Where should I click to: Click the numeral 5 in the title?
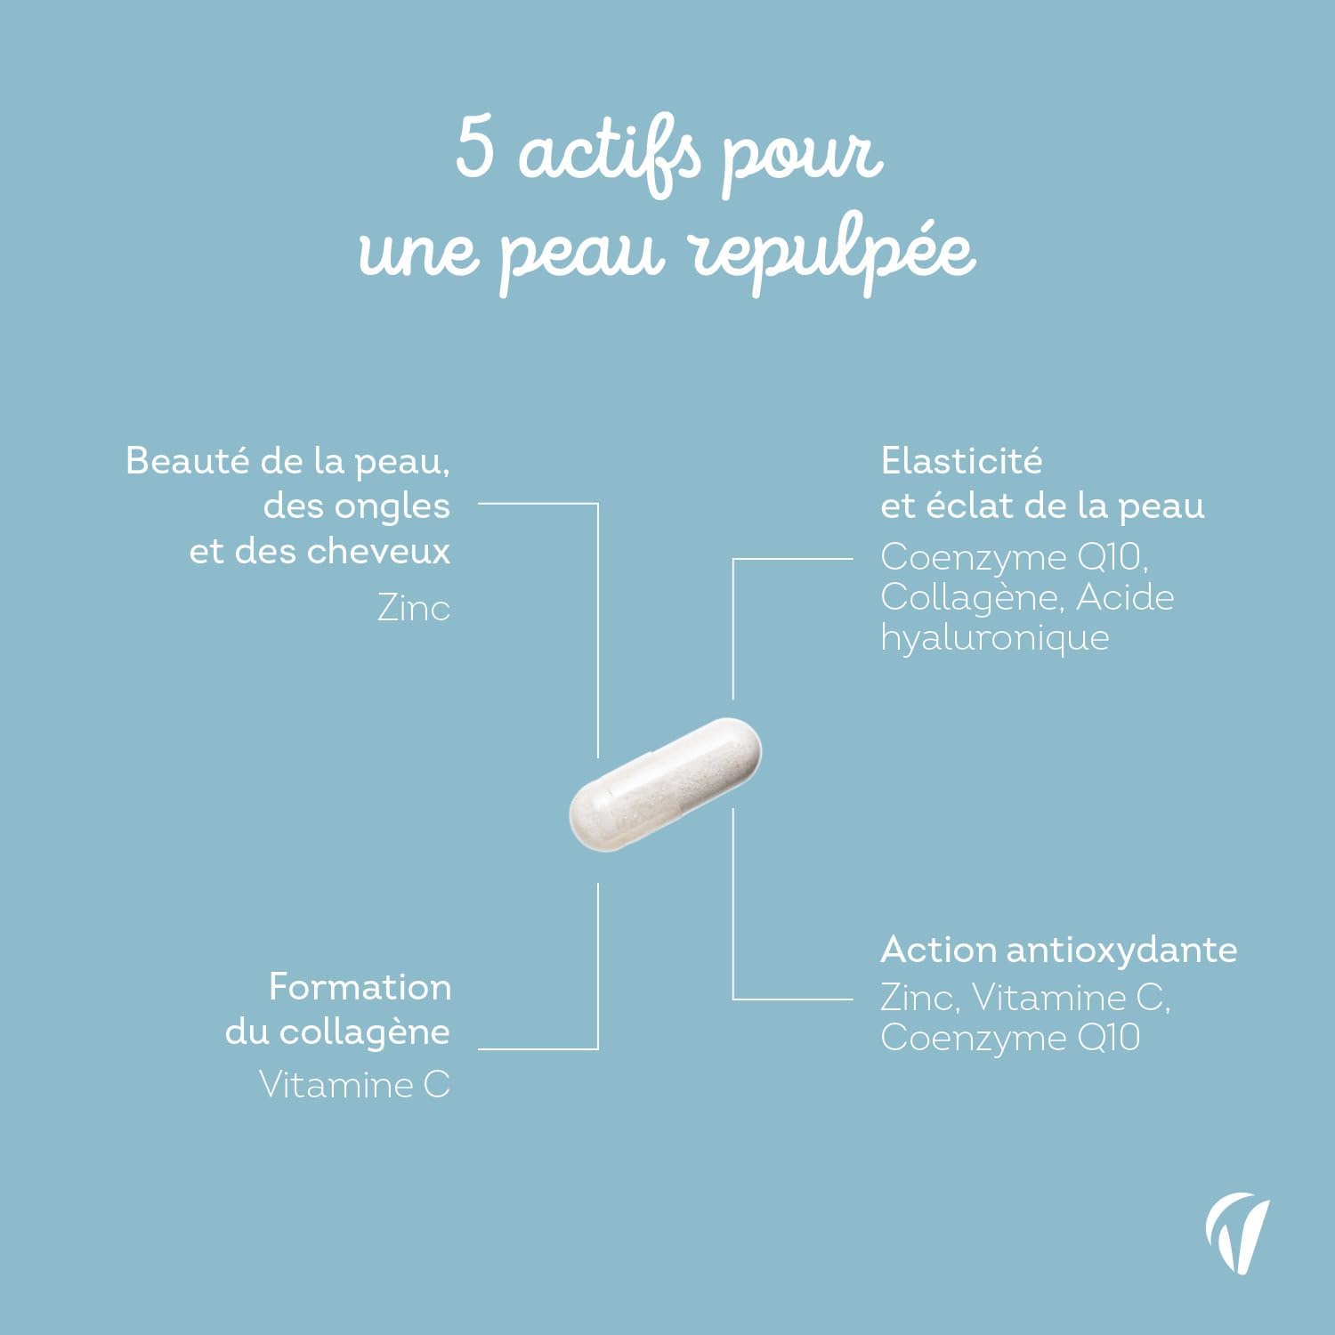tap(475, 148)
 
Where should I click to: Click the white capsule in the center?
tap(666, 784)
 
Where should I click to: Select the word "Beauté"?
tap(188, 461)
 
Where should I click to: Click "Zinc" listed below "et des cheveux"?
tap(414, 609)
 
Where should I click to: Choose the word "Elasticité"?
tap(961, 461)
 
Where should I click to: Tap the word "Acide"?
tap(1125, 597)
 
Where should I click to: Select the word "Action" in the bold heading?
tap(938, 950)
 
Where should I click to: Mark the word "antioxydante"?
tap(1121, 951)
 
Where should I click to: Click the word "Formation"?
tap(360, 987)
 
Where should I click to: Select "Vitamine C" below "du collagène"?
tap(354, 1085)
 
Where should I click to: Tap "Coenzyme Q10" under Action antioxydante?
tap(1010, 1039)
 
